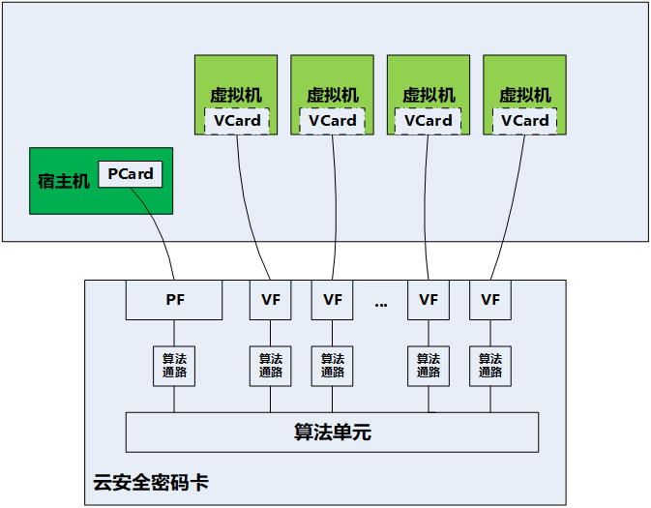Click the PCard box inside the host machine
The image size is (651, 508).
coord(131,174)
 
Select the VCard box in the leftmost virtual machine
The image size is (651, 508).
coord(237,121)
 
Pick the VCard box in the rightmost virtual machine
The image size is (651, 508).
coord(525,121)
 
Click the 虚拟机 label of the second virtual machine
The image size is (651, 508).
coord(332,95)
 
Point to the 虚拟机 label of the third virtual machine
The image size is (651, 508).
coord(428,95)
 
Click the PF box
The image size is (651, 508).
coord(174,300)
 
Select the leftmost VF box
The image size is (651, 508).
coord(270,300)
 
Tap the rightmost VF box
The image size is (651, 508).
coord(490,300)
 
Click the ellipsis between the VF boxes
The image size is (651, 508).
coord(380,303)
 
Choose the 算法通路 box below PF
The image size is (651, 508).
coord(174,366)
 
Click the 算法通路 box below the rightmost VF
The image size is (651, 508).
coord(490,366)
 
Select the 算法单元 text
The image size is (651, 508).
coord(332,433)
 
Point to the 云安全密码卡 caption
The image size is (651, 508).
coord(150,481)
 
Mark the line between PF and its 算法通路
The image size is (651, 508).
coord(174,333)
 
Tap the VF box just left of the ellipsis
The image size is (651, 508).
coord(332,300)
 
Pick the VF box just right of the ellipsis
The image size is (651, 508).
coord(429,300)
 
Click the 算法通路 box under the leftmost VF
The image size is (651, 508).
coord(270,366)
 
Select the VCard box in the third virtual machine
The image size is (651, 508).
coord(428,121)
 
